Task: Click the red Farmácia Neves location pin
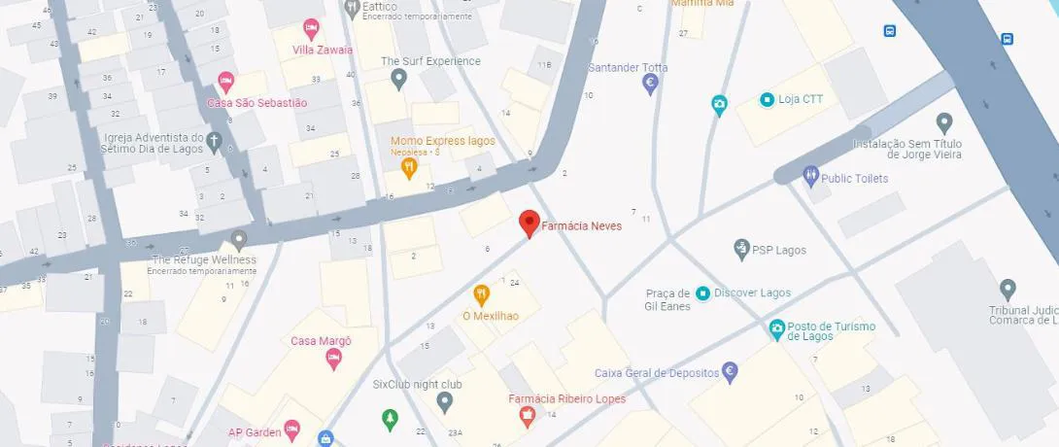click(x=529, y=223)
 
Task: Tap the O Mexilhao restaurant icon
click(x=480, y=293)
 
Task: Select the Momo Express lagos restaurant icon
click(x=409, y=167)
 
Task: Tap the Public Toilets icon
click(x=811, y=178)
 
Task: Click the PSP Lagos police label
click(x=778, y=250)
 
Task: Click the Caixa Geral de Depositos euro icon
click(x=731, y=372)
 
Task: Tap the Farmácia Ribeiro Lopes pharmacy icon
click(x=528, y=418)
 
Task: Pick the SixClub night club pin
click(x=445, y=400)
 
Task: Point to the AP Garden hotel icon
click(x=293, y=431)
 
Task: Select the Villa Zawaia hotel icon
click(x=311, y=28)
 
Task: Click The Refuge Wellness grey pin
click(x=239, y=239)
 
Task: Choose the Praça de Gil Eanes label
click(x=667, y=299)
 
